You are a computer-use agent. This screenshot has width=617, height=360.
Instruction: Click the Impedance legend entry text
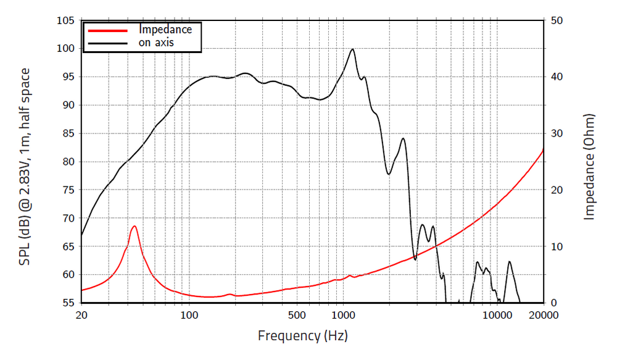pyautogui.click(x=165, y=29)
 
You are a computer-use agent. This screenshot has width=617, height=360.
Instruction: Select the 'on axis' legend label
pyautogui.click(x=156, y=43)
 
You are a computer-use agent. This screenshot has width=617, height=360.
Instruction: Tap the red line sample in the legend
pyautogui.click(x=108, y=30)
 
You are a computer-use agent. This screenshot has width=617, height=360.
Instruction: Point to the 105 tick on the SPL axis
pyautogui.click(x=66, y=20)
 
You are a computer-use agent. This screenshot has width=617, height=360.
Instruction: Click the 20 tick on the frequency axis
pyautogui.click(x=81, y=315)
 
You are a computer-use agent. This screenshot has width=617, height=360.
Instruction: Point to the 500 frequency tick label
pyautogui.click(x=296, y=315)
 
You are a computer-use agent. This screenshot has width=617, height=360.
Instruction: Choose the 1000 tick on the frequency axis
pyautogui.click(x=342, y=315)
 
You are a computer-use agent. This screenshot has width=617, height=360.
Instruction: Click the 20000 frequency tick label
pyautogui.click(x=544, y=315)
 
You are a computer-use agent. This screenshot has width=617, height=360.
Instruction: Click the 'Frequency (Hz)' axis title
pyautogui.click(x=302, y=336)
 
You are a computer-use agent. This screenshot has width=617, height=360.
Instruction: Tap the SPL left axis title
pyautogui.click(x=25, y=167)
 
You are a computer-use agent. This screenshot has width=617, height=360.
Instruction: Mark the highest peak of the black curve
pyautogui.click(x=352, y=49)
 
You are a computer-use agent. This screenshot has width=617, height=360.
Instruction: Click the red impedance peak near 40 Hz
pyautogui.click(x=134, y=226)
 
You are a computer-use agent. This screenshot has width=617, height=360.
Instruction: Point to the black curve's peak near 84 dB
pyautogui.click(x=403, y=138)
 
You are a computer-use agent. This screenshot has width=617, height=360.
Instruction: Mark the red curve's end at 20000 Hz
pyautogui.click(x=544, y=149)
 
